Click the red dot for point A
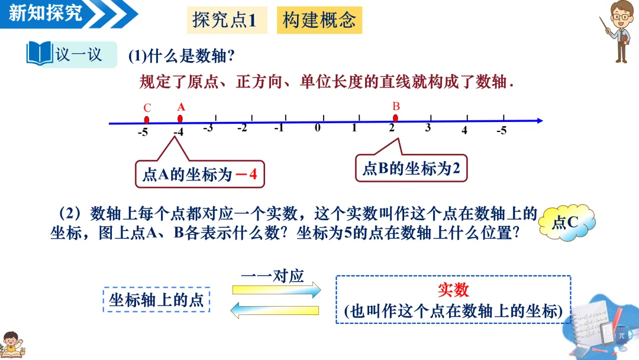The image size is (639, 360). (x=180, y=119)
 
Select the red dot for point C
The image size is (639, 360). (x=147, y=120)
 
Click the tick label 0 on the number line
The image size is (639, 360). (x=318, y=128)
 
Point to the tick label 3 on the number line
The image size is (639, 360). (x=428, y=128)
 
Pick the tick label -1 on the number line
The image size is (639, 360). (x=279, y=128)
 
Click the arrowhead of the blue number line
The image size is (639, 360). (x=539, y=121)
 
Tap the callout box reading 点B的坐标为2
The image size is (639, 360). (x=411, y=169)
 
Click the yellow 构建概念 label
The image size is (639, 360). (x=319, y=21)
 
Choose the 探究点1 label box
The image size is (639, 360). (x=224, y=21)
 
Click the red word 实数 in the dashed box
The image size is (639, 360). (x=453, y=290)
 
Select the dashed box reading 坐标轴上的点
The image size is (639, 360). (x=157, y=300)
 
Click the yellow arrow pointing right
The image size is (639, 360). (x=276, y=290)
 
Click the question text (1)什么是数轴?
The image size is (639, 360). (x=182, y=56)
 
